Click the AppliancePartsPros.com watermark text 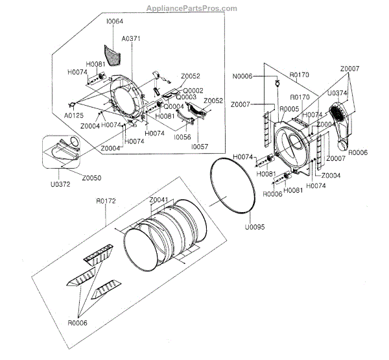193,8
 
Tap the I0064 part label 115,22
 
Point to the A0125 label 73,116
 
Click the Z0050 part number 91,178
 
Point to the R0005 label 289,109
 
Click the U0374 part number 337,93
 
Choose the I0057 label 198,147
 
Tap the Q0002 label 193,90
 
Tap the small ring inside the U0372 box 75,143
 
